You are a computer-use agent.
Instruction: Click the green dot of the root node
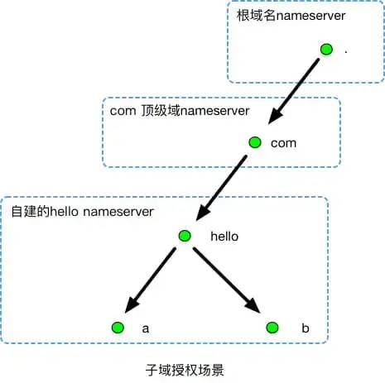tap(326, 50)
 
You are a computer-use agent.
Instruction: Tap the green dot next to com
tap(255, 142)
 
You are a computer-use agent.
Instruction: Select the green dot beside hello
tap(185, 235)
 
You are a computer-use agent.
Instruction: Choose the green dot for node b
tap(271, 328)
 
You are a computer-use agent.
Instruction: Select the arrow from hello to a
tap(152, 279)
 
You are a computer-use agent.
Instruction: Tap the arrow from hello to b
tap(226, 280)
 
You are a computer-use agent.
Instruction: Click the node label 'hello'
tap(224, 236)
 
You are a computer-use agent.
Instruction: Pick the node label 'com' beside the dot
tap(283, 143)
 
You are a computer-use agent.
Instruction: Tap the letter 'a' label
tap(146, 328)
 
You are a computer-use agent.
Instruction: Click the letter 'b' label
tap(305, 328)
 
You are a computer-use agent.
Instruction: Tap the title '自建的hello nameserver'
tap(82, 211)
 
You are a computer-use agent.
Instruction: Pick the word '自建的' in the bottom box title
tap(29, 211)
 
